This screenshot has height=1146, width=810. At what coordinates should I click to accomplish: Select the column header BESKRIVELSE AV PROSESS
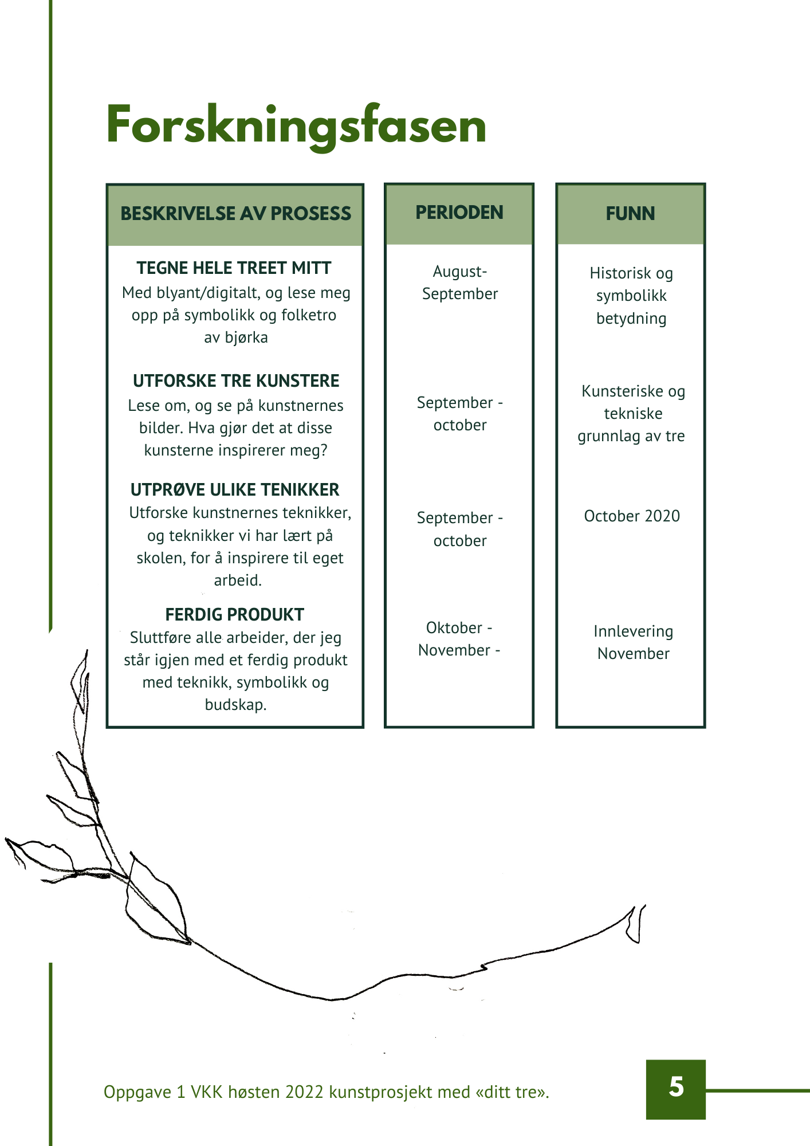pos(235,214)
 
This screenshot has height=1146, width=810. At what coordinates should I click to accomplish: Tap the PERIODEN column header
pos(459,213)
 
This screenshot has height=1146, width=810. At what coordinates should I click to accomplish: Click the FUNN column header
pos(630,214)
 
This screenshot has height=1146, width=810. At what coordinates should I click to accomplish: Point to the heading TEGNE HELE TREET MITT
pos(234,268)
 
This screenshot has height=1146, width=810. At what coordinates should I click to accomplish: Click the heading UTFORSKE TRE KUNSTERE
pos(236,380)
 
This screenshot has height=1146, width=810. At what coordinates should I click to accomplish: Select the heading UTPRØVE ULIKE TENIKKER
pos(235,489)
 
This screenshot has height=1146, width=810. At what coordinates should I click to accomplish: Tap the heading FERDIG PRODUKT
pos(234,614)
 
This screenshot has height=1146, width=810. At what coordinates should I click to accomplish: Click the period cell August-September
pos(460,282)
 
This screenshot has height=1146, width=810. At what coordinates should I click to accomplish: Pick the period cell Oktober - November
pos(459,639)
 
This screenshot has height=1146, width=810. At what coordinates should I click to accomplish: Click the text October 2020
pos(632,516)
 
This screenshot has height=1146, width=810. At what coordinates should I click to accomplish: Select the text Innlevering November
pos(633,642)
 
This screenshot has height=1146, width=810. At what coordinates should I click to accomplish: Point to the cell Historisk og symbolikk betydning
pos(631,296)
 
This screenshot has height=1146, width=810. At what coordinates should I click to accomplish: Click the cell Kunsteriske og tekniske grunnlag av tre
pos(632,414)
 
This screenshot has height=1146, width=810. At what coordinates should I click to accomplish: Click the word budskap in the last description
pos(235,704)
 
